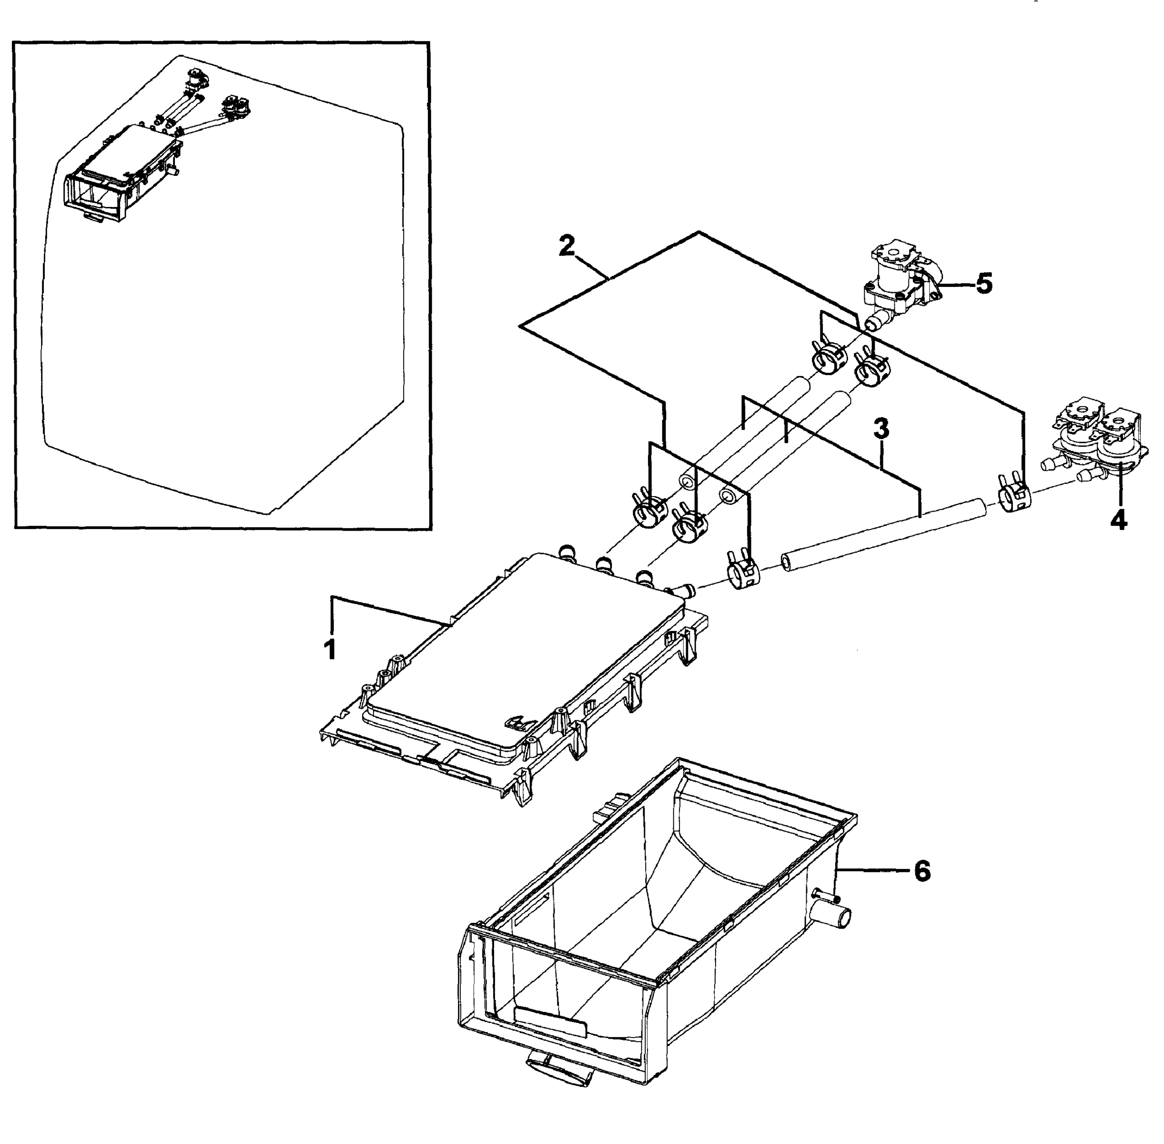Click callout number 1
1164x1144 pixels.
click(x=330, y=650)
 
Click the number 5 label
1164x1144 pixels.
click(x=984, y=284)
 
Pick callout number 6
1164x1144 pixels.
click(x=922, y=870)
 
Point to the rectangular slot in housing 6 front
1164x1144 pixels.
click(x=549, y=1021)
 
